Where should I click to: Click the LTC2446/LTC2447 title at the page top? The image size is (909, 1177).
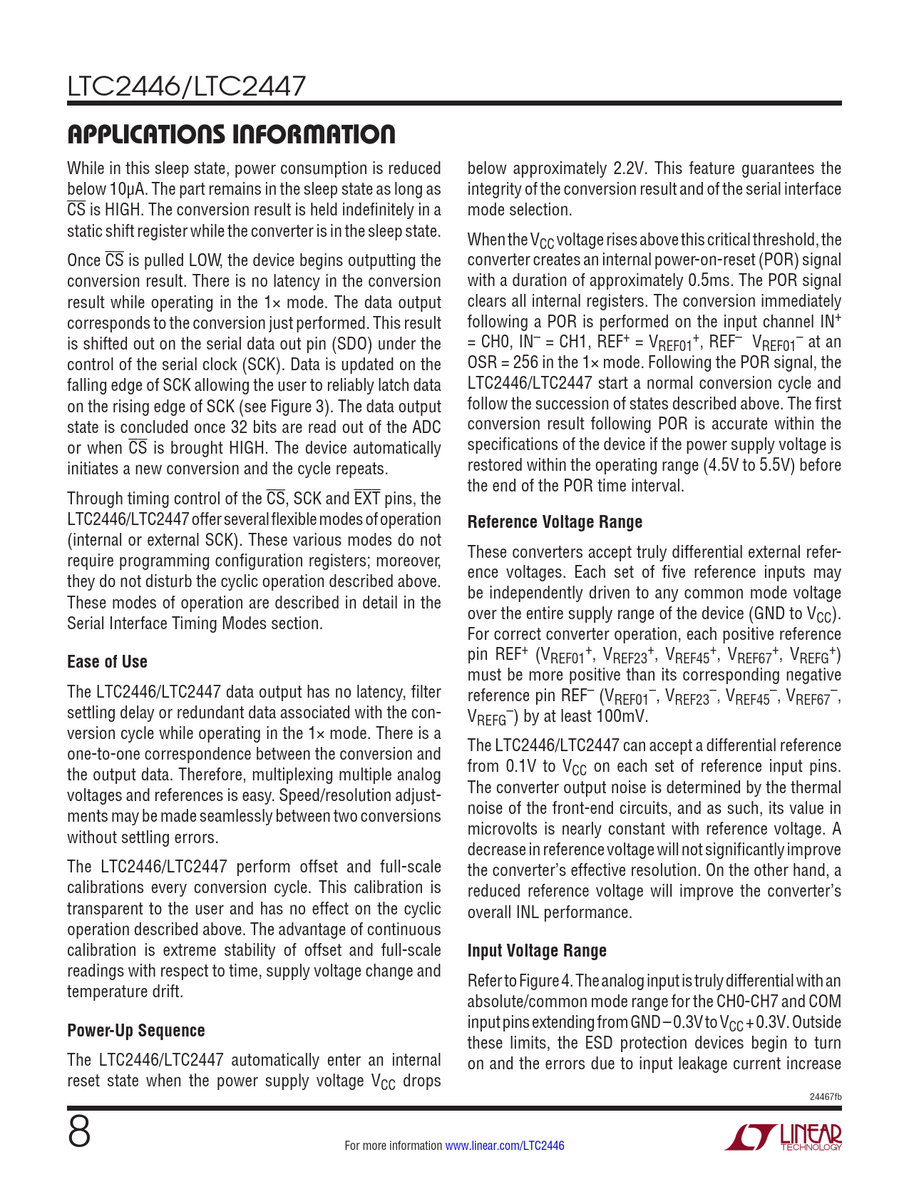click(186, 86)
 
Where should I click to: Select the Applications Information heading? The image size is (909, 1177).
click(231, 134)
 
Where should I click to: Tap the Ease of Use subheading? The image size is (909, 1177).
click(107, 662)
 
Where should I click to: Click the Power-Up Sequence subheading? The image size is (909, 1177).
click(135, 1031)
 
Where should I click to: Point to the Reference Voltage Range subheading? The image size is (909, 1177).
click(555, 522)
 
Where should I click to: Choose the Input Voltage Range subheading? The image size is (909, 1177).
click(537, 951)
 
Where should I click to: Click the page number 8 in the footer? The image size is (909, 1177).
click(79, 1132)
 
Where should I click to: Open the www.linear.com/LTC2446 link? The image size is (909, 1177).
click(504, 1146)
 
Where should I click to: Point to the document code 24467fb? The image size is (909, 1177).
click(826, 1096)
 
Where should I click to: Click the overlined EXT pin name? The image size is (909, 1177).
click(367, 499)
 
